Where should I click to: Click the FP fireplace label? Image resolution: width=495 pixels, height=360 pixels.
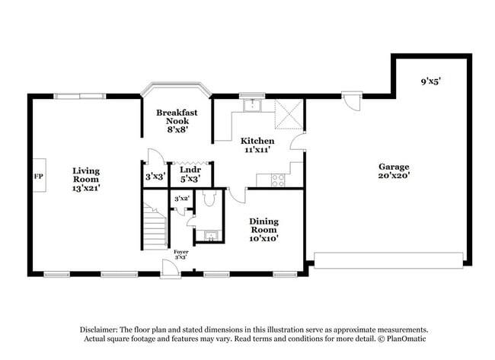38,177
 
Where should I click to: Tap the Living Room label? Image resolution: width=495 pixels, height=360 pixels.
86,178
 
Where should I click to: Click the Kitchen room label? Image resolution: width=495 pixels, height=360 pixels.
257,145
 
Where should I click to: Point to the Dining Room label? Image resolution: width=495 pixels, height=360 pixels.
264,229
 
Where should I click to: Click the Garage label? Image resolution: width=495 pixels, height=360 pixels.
394,171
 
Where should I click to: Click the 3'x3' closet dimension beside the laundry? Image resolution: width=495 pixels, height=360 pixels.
155,177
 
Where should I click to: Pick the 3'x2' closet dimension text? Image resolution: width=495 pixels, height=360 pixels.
181,199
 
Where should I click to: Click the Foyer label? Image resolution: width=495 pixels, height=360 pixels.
180,254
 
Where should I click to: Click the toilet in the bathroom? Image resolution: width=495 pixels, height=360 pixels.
210,199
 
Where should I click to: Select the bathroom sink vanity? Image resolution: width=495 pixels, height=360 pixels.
207,236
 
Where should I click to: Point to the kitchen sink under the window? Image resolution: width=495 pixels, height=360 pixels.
252,106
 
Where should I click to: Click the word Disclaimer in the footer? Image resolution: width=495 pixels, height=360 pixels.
104,330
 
